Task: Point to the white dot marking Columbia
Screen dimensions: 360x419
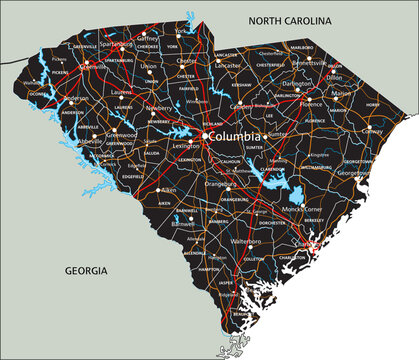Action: coord(205,135)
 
